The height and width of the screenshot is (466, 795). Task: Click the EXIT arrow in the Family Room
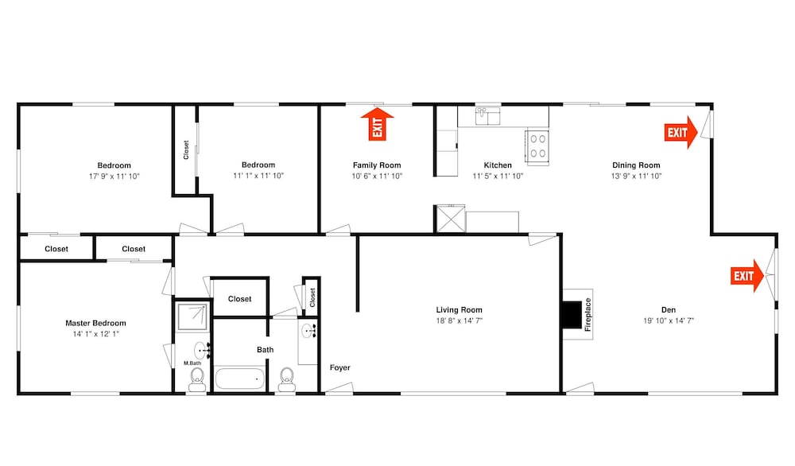[377, 124]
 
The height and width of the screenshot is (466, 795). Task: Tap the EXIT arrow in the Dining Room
[681, 132]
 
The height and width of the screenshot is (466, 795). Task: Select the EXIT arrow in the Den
[747, 276]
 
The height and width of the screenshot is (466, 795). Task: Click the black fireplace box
[572, 315]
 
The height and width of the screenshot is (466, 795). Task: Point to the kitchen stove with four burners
[537, 146]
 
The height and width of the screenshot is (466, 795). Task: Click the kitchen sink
[488, 116]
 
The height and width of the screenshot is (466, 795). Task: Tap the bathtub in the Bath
[240, 379]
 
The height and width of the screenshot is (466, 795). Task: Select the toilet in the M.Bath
[197, 379]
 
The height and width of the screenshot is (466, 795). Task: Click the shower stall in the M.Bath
[192, 316]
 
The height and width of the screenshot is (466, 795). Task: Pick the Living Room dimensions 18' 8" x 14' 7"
[459, 320]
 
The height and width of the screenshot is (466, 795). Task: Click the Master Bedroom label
[96, 323]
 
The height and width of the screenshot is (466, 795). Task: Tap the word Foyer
[339, 367]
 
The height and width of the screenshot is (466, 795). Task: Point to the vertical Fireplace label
[588, 314]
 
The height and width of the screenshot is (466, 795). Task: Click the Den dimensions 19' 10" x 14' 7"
[669, 320]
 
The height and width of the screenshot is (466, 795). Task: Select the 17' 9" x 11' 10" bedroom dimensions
[114, 177]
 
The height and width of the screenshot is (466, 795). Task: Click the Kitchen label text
[498, 165]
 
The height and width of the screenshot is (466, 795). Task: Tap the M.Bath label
[192, 363]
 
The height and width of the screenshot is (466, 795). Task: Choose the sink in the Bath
[308, 332]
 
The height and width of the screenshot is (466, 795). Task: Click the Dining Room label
[636, 165]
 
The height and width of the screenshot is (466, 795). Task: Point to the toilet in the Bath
[287, 379]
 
